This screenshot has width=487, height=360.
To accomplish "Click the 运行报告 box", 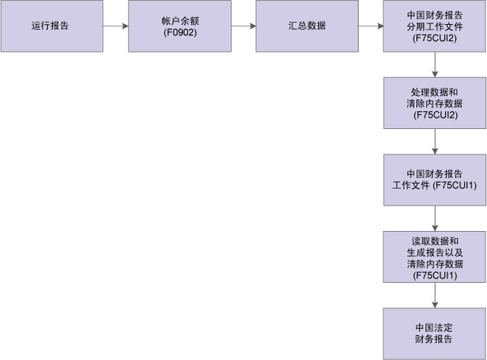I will tap(50, 26).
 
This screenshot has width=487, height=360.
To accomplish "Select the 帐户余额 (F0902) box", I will tap(179, 26).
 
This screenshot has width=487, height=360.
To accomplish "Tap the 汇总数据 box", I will tap(307, 26).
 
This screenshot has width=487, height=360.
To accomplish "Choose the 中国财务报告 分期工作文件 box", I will tap(435, 26).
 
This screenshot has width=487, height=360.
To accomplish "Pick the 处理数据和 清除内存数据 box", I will tap(435, 103).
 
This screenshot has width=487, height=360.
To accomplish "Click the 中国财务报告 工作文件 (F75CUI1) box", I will tap(435, 180).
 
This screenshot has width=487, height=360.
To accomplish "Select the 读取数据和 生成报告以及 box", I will tap(435, 257).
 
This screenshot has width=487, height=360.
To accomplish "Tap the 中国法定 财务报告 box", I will tap(435, 333).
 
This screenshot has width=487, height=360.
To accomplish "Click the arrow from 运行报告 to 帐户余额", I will tap(115, 27).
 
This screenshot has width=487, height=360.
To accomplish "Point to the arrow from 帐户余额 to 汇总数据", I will tap(243, 27).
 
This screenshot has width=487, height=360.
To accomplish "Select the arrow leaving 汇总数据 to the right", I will tap(371, 27).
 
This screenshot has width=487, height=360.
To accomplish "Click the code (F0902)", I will tap(179, 33).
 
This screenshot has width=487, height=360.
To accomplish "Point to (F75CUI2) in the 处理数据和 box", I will tap(435, 114).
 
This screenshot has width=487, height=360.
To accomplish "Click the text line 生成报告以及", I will tap(435, 252).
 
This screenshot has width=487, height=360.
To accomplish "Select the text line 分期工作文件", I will tap(435, 27).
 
